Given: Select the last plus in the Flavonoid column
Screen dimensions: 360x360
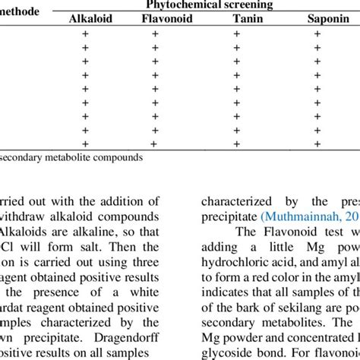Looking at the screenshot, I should click(155, 144).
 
